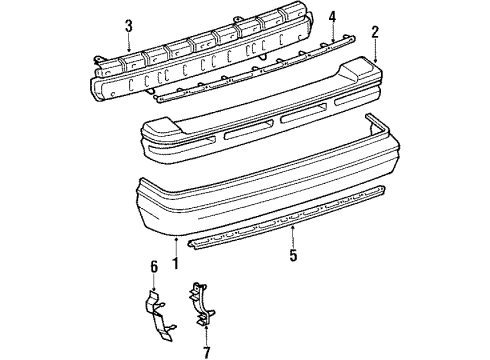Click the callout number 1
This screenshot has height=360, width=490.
click(x=175, y=263)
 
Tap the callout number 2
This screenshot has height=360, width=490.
click(x=375, y=32)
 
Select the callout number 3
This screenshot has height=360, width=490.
click(x=129, y=26)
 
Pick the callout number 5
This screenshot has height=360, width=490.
click(x=293, y=255)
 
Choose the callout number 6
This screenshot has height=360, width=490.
click(x=154, y=267)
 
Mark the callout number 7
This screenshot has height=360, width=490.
click(x=207, y=352)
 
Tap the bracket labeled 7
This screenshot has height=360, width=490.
click(x=201, y=304)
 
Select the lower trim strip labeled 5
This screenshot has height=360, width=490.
click(x=287, y=218)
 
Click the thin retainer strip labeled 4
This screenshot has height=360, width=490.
click(x=254, y=69)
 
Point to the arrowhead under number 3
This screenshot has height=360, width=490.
click(x=129, y=49)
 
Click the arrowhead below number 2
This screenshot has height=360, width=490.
click(x=375, y=60)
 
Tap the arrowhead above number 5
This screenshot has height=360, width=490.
click(x=293, y=228)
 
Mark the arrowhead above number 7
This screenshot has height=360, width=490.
click(x=207, y=327)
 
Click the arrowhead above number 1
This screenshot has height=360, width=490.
click(x=175, y=238)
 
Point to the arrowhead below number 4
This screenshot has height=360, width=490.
click(x=332, y=40)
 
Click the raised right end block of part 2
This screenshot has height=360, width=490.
click(x=361, y=68)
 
